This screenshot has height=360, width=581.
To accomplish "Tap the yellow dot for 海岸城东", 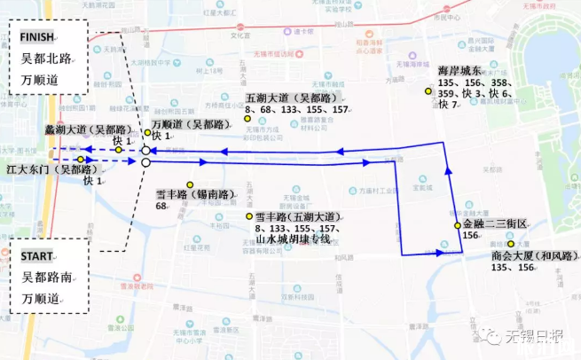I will click(427, 92).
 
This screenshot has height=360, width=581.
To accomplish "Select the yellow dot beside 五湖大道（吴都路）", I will click(247, 118).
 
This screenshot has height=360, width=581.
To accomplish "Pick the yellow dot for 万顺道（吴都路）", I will click(148, 134).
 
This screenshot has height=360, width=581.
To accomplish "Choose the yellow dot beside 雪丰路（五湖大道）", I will click(248, 216).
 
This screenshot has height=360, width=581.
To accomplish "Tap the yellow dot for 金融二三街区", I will click(458, 225).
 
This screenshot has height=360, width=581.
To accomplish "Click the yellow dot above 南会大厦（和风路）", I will click(511, 243).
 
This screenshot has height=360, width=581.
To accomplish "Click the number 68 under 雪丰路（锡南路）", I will click(161, 206).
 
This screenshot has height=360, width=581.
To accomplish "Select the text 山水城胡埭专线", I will click(288, 239).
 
